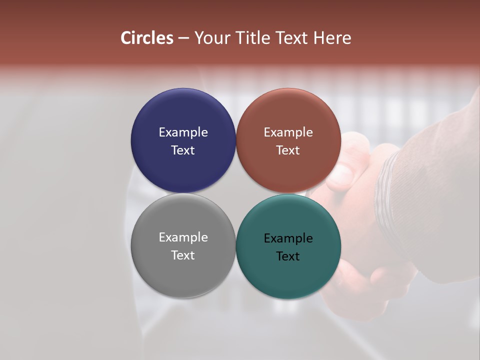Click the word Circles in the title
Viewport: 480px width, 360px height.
click(x=146, y=38)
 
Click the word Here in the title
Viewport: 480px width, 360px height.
click(x=332, y=38)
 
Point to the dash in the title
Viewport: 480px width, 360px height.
click(x=183, y=38)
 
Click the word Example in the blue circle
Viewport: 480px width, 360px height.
click(x=183, y=132)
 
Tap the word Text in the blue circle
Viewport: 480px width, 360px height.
click(x=183, y=150)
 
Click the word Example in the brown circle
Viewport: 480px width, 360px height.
click(x=288, y=132)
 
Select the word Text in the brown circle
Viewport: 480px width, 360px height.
click(x=288, y=150)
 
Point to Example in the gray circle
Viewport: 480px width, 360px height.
click(x=183, y=237)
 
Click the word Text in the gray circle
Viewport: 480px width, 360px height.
click(x=183, y=255)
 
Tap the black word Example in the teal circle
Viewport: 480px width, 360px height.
click(x=288, y=238)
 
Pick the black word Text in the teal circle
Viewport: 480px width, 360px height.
click(x=288, y=256)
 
